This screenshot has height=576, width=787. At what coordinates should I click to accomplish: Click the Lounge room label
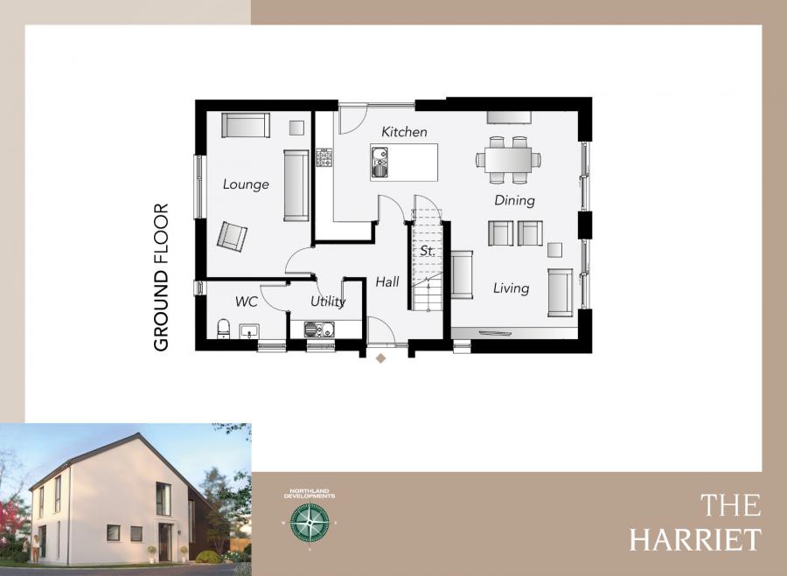[246, 184]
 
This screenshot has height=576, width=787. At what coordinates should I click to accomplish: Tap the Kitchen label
[404, 132]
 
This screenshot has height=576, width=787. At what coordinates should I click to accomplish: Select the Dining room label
[514, 200]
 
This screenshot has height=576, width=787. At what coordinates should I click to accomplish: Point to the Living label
[511, 288]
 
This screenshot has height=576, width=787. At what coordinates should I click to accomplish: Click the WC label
[246, 302]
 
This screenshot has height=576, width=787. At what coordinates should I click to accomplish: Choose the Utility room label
[328, 302]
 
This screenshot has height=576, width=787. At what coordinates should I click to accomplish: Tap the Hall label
[387, 282]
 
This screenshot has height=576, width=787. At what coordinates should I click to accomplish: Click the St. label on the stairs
[428, 251]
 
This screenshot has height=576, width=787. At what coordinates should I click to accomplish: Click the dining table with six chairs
[508, 159]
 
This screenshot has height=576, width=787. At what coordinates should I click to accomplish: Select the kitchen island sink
[380, 162]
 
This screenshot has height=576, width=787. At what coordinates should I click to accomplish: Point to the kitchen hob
[324, 158]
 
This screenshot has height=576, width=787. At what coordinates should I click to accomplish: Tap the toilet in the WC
[223, 330]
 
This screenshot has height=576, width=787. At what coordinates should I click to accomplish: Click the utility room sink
[319, 330]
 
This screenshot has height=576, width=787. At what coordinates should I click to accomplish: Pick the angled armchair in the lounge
[233, 236]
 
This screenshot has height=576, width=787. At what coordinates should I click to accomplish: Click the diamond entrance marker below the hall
[380, 358]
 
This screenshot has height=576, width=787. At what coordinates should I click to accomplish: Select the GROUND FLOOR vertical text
[161, 277]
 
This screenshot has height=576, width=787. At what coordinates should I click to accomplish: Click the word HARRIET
[695, 538]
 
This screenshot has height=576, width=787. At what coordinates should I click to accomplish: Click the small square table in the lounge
[296, 127]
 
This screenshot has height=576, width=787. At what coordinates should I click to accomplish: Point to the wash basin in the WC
[248, 331]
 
